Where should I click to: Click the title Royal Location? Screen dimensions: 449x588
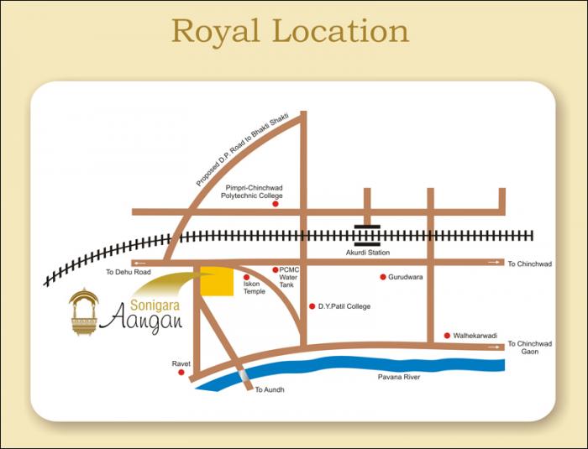coord(290,31)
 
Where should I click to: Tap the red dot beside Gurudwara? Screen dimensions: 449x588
coord(383,277)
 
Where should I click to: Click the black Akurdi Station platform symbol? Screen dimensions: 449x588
coord(367,235)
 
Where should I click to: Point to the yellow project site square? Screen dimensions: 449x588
coord(217,282)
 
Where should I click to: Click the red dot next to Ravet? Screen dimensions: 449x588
coord(181,372)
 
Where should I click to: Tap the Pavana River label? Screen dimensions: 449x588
coord(398,378)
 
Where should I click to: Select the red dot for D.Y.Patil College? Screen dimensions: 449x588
coord(312,306)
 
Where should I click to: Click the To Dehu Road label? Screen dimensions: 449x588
coord(128,273)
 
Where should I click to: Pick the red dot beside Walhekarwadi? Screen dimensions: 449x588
coord(447,335)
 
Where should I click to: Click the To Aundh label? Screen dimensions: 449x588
coord(270,390)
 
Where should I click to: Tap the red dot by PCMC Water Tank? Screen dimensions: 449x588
coord(275,269)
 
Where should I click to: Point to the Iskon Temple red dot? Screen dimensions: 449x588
coord(246,277)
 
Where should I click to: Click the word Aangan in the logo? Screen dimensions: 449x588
coord(146,319)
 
